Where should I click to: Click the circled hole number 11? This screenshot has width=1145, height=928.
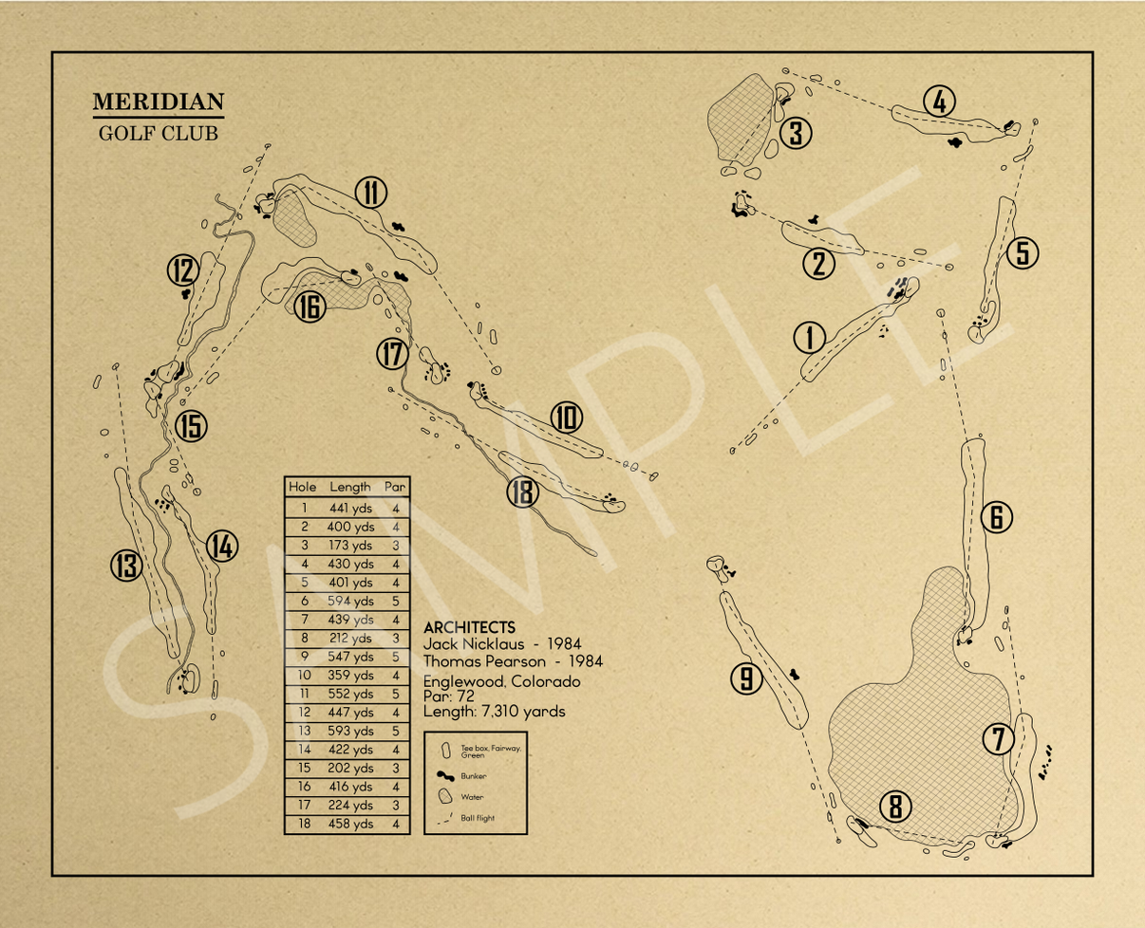coord(371,193)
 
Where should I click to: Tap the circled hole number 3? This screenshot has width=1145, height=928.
coord(796,134)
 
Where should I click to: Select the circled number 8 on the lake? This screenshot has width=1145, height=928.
coord(894,807)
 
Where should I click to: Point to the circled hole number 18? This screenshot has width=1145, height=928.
coord(522,492)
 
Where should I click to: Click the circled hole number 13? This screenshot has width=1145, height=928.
coord(125,566)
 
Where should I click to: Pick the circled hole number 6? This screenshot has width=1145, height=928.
coord(997,517)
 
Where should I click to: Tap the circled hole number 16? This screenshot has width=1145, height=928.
coord(310,306)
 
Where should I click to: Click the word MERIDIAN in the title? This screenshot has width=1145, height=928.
coord(159,102)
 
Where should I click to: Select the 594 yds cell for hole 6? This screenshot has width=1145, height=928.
coord(350,601)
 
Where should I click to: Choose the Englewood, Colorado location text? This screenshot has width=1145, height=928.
coord(501,681)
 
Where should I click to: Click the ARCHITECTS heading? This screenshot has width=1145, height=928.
coord(470,627)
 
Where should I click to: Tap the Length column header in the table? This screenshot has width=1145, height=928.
coord(350,487)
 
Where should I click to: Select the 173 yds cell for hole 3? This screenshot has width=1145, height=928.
coord(350,545)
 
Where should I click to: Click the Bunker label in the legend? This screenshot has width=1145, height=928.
coord(474,775)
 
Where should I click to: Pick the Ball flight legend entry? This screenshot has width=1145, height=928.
coord(477,818)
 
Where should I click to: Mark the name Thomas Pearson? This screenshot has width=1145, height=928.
coord(486,661)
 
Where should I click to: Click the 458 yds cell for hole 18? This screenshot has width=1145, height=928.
coord(350,824)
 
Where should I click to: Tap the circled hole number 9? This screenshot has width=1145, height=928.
coord(747,677)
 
